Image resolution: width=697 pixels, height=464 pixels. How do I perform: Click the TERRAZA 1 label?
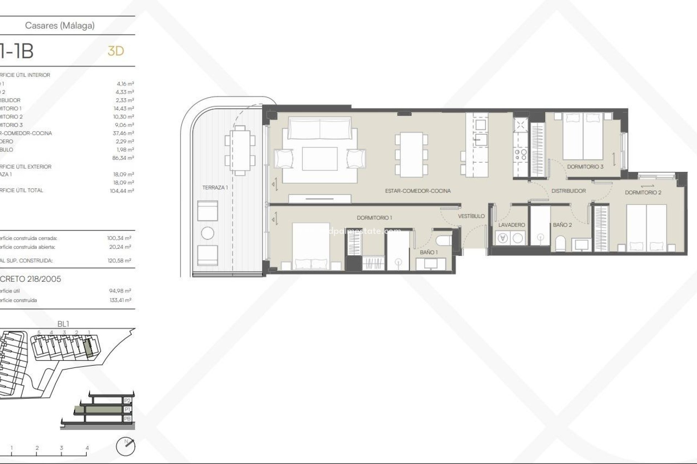coord(215,187)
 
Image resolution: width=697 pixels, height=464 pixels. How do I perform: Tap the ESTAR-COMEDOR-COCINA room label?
coord(417,191)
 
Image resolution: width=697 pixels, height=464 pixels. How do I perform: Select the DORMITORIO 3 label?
coord(585,167)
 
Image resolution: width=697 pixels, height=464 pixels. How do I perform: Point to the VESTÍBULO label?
coord(471,216)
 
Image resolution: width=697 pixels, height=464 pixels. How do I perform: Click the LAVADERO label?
coord(511,225)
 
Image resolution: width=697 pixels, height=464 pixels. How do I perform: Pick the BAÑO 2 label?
coord(562,225)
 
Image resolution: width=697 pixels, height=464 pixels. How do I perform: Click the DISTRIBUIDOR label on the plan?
coord(568,191)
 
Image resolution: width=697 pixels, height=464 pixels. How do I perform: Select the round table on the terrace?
coord(208,233)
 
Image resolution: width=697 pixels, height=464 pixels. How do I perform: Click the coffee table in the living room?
coord(319,158)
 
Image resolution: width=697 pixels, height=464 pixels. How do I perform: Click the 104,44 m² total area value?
coord(122,191)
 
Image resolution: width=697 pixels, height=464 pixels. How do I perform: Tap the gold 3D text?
coord(116,51)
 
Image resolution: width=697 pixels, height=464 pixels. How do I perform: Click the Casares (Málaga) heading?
coord(60,25)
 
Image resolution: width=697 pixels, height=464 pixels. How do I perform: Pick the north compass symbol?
coord(126,446)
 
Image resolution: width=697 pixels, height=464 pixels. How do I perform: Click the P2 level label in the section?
coord(127,401)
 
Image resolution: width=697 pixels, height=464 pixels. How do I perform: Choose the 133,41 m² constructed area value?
coord(120,300)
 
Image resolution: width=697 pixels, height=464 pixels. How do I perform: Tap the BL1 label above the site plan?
coord(63,324)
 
